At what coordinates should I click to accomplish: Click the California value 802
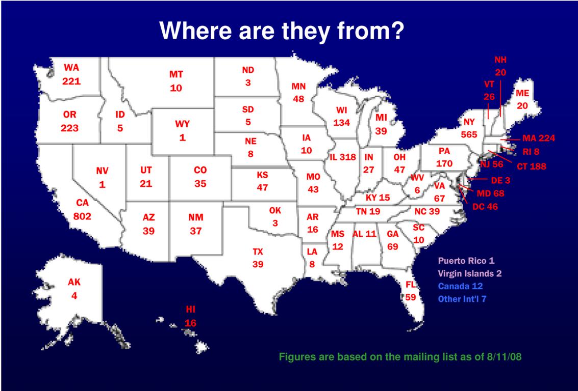[x=82, y=216]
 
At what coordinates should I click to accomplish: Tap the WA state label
[x=71, y=68]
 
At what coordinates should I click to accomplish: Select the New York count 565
[x=469, y=134]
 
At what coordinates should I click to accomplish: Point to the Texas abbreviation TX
[x=258, y=252]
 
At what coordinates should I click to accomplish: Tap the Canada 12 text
[x=460, y=286]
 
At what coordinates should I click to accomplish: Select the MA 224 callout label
[x=539, y=138]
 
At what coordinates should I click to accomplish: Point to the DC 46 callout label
[x=485, y=207]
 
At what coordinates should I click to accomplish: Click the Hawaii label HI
[x=190, y=310]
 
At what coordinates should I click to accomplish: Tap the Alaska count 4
[x=74, y=295]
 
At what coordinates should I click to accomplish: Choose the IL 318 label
[x=342, y=157]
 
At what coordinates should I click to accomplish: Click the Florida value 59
[x=411, y=297]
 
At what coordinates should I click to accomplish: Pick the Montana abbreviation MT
[x=176, y=74]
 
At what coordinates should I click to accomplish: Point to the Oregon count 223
[x=69, y=128]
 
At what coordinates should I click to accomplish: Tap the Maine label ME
[x=522, y=93]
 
